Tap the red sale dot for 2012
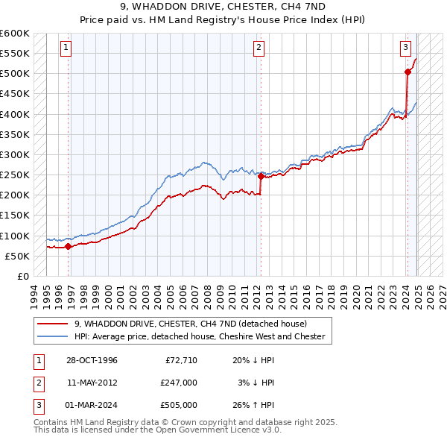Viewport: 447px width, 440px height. point(261,176)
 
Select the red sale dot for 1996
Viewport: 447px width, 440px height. point(69,246)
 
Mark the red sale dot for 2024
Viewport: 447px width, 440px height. point(408,72)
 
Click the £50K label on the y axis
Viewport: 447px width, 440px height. point(17,256)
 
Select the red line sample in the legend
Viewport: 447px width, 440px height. point(53,324)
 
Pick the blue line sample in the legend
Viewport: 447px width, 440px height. point(53,336)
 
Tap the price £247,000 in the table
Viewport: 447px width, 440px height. point(179,383)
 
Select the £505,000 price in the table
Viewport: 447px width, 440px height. point(179,405)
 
